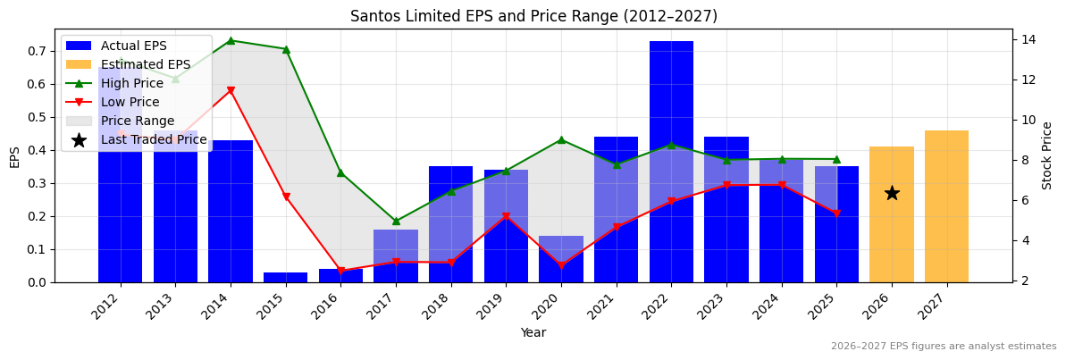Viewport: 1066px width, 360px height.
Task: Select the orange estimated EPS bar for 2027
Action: pos(946,206)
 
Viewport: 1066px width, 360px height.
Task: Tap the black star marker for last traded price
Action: pos(892,193)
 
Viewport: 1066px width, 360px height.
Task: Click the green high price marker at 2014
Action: pos(231,40)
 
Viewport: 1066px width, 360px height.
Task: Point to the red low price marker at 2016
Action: pos(340,271)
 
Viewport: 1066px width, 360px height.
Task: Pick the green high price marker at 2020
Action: pos(561,139)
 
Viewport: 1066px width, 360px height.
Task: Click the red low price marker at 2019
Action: pos(506,216)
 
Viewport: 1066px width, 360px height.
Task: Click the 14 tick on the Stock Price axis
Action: pos(1028,39)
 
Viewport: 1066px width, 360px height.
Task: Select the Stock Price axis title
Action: pos(1048,155)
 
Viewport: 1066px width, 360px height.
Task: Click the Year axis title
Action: pos(533,332)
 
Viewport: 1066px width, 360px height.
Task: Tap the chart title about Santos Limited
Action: pos(533,16)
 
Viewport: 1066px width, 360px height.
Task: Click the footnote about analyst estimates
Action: pos(943,347)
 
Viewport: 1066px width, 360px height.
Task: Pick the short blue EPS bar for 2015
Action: pos(285,277)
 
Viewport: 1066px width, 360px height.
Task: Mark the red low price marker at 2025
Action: pos(836,213)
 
